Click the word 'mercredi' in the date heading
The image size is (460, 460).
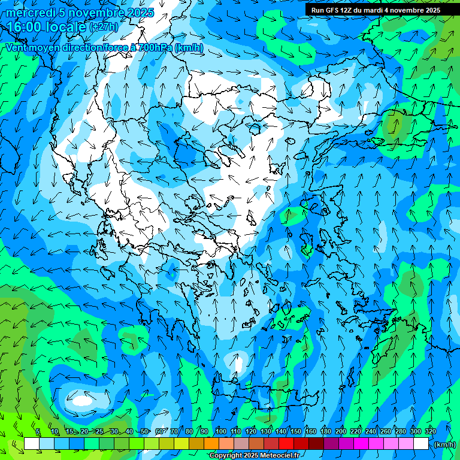pos(28,13)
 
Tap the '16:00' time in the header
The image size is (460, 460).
pos(24,27)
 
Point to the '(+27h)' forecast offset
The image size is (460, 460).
pos(103,27)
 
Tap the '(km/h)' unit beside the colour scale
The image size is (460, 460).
pos(444,444)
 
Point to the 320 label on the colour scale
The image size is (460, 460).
pos(431,431)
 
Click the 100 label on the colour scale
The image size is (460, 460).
pos(221,431)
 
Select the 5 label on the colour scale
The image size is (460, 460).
pos(38,431)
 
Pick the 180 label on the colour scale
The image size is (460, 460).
pos(326,431)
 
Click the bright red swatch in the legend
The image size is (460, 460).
pos(286,444)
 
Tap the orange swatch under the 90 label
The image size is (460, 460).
pos(211,444)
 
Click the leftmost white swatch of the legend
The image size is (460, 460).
pos(32,444)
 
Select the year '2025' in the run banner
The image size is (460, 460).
pos(431,10)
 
